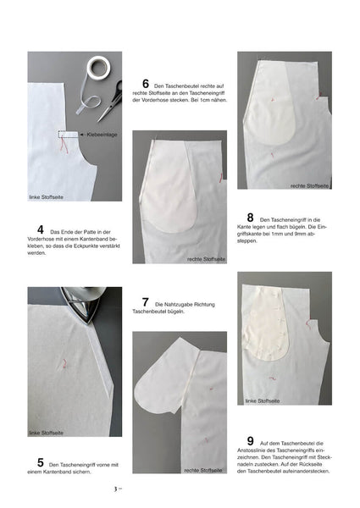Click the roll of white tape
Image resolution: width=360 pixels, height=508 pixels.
coord(98,68)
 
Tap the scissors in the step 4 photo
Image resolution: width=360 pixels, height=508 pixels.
coord(112,102)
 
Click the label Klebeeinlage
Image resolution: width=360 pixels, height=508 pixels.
coord(102,135)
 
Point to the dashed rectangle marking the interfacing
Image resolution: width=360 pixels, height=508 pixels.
coord(68,135)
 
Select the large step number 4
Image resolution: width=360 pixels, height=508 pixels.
coord(40,229)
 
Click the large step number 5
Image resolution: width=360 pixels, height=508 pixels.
coord(40,462)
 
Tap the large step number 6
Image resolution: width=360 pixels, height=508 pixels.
coord(146,84)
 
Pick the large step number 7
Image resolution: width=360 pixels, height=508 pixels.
coord(146,302)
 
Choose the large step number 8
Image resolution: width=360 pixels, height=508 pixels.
coord(250,218)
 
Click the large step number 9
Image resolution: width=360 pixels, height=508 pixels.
coord(250,441)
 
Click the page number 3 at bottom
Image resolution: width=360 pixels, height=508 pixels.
coord(115,489)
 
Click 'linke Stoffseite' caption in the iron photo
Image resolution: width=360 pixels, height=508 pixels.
coord(46,433)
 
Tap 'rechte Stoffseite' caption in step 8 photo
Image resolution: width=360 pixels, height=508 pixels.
coord(309,186)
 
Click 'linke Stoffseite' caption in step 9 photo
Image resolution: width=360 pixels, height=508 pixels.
coord(263,400)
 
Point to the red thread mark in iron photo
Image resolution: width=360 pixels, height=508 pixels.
coord(65,364)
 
